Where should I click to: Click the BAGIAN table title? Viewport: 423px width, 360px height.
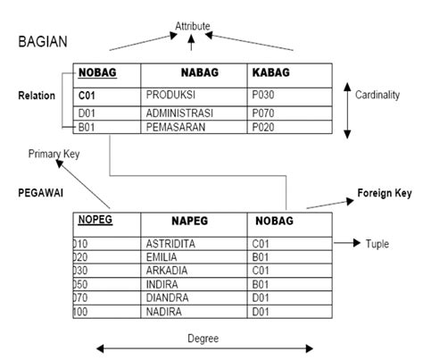click(43, 41)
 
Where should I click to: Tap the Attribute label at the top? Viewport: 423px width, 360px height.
click(193, 26)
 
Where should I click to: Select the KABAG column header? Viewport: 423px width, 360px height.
click(271, 72)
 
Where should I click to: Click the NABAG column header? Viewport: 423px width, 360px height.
click(200, 72)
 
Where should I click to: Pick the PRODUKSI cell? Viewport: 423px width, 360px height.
click(170, 95)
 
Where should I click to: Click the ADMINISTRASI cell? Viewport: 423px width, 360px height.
click(179, 113)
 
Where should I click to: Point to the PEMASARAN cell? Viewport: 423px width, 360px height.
click(176, 127)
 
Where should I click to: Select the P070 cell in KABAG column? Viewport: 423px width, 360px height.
click(263, 113)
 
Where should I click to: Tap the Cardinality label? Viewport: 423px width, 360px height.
click(377, 95)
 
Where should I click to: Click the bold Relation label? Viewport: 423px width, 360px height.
click(37, 96)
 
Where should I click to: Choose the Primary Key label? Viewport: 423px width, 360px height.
click(54, 154)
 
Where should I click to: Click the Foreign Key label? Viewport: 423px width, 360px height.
click(385, 193)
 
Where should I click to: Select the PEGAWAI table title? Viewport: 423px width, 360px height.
click(41, 193)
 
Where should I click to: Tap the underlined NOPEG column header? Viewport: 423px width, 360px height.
click(95, 220)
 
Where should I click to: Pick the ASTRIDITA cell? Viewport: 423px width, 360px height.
click(170, 244)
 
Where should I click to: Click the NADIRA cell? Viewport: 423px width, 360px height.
click(164, 312)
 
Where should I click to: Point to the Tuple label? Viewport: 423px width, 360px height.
click(377, 244)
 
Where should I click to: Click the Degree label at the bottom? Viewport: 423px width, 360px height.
click(203, 339)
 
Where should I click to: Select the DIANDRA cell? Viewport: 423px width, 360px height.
click(167, 297)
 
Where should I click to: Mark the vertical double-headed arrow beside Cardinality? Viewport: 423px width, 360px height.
click(347, 111)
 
